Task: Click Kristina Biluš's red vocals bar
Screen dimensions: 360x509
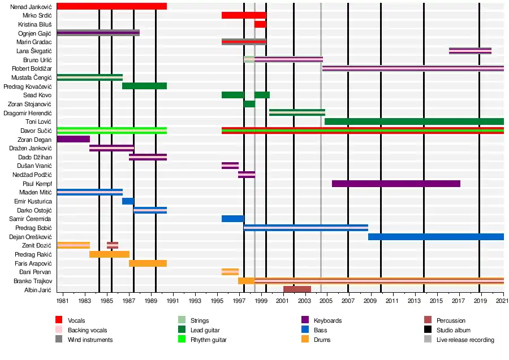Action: pos(260,24)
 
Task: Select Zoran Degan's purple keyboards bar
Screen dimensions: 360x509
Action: pos(73,139)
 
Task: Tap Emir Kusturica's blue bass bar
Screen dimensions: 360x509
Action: pos(128,201)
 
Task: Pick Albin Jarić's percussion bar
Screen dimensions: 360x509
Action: pos(297,289)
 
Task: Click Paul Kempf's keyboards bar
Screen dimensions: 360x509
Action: pos(396,184)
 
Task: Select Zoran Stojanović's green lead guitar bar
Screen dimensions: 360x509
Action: pos(249,104)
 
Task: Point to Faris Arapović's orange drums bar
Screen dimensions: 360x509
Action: pos(148,263)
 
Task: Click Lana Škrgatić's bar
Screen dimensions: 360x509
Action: pos(470,51)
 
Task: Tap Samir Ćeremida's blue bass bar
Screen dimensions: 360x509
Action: pos(232,219)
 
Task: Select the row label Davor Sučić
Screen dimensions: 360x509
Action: pos(36,131)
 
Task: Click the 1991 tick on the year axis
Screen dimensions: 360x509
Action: pos(172,302)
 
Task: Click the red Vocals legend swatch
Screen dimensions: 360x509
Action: pos(59,320)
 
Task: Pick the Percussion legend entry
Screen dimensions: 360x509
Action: pos(451,320)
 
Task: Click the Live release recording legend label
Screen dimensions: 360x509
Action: pos(465,340)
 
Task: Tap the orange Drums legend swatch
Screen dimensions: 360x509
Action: pos(305,340)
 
